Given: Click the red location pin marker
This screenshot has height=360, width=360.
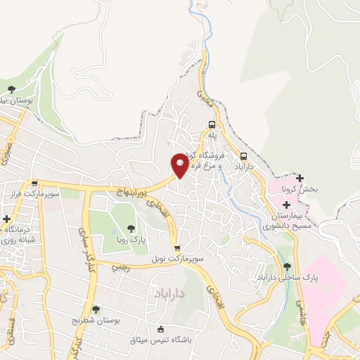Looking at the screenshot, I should pos(180,166).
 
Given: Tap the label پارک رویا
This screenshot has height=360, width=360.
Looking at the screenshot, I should pos(131,239).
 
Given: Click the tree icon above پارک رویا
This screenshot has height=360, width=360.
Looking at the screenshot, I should pos(131,227).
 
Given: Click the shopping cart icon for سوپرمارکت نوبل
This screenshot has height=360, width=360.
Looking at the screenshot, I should pos(177,248).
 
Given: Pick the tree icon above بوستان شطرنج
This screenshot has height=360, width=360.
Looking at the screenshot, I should pos(96,309).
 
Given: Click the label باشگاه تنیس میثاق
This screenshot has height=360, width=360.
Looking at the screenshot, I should pos(160,341).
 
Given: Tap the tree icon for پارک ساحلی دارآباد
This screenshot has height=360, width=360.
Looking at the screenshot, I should pos(287,266).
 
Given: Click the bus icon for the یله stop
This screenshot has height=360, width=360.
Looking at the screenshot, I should pos(212,122).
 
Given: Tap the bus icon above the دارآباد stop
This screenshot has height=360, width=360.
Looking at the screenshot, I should pos(243,156).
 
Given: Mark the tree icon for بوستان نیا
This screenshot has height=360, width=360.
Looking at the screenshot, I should pos(11,89).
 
